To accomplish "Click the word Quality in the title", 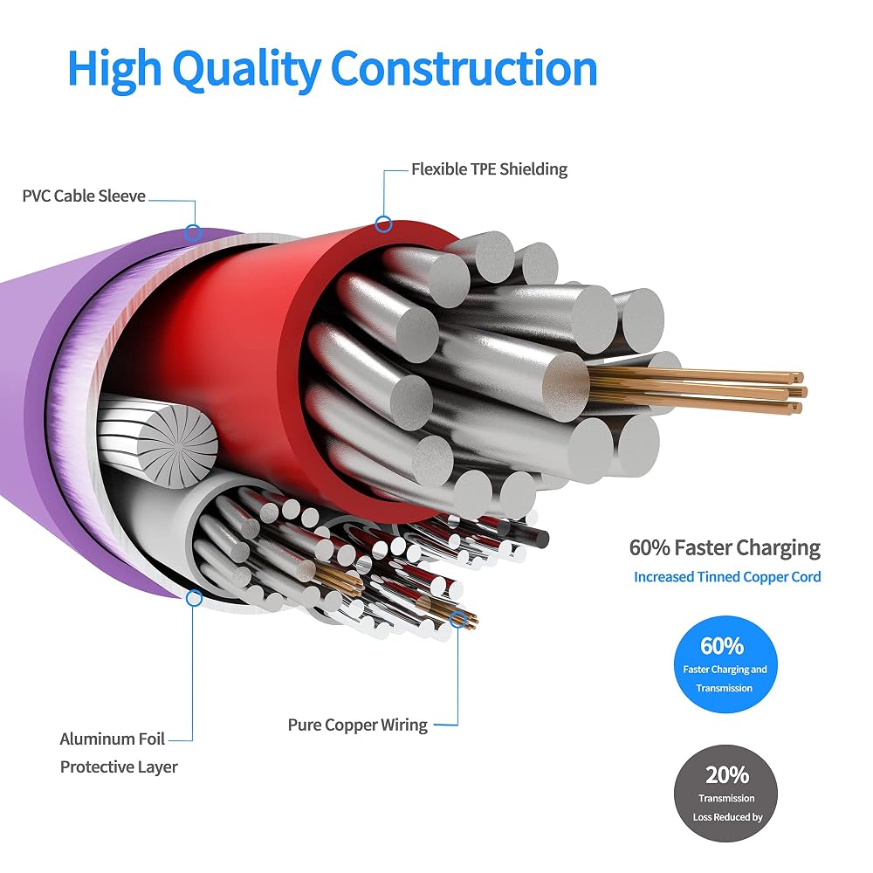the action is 246,69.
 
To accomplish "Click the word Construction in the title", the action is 464,68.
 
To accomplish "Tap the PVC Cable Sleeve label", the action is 84,196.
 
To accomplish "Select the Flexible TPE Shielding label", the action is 490,169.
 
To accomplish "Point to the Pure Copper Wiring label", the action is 357,725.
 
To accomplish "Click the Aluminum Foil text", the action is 113,739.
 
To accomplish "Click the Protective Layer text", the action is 119,766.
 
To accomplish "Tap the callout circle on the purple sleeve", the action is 193,232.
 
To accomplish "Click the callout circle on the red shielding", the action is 383,224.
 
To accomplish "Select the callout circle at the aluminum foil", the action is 194,599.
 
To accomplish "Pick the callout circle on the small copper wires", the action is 457,619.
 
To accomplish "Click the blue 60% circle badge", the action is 725,664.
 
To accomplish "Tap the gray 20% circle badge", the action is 725,794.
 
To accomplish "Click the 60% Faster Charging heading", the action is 725,548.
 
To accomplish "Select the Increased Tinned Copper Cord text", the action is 727,577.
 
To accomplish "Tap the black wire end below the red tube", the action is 540,539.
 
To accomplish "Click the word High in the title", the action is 114,69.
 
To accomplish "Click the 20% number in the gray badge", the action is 727,774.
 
